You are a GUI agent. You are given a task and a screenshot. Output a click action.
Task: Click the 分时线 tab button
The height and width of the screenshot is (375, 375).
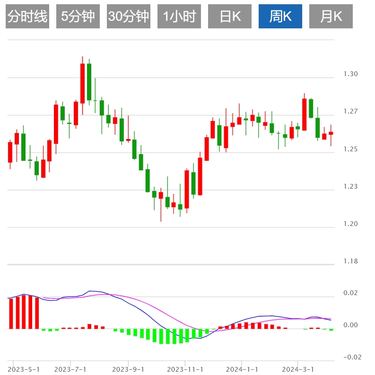(x=28, y=17)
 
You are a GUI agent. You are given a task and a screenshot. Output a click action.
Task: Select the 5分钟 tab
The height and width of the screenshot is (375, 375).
(x=78, y=17)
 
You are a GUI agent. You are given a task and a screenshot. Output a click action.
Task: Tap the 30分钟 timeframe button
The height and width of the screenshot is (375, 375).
(x=129, y=17)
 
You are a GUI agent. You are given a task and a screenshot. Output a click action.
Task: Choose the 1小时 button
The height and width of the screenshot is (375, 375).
(x=179, y=17)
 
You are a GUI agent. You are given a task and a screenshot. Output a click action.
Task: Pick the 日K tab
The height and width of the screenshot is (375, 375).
(x=230, y=17)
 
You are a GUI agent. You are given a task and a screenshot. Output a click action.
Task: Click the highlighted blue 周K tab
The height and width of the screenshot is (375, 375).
(x=280, y=17)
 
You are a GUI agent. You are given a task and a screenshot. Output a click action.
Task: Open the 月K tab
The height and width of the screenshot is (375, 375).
(x=331, y=17)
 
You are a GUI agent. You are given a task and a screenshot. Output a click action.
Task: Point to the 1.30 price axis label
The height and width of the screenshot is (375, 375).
(x=351, y=74)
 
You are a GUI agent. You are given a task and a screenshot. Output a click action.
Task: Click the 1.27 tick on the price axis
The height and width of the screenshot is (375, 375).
(x=351, y=112)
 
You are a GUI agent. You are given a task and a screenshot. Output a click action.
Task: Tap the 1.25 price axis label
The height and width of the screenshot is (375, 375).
(x=351, y=149)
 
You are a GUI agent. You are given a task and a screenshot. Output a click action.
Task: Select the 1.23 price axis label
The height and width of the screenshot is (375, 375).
(x=351, y=187)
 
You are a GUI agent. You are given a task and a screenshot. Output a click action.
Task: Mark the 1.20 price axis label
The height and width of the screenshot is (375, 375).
(x=351, y=224)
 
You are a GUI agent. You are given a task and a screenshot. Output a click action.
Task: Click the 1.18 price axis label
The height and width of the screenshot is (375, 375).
(x=351, y=262)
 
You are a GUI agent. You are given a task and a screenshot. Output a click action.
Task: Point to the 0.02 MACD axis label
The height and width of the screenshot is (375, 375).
(x=351, y=294)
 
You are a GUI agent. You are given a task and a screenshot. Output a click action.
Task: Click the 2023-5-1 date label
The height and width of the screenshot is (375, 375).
(x=24, y=369)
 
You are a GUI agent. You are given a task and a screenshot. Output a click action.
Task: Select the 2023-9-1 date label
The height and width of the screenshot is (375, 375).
(x=128, y=369)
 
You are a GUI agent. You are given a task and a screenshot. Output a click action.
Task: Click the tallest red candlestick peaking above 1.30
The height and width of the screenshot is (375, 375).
(x=82, y=83)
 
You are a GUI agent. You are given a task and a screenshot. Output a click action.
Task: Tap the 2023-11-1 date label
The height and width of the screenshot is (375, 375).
(x=185, y=369)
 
